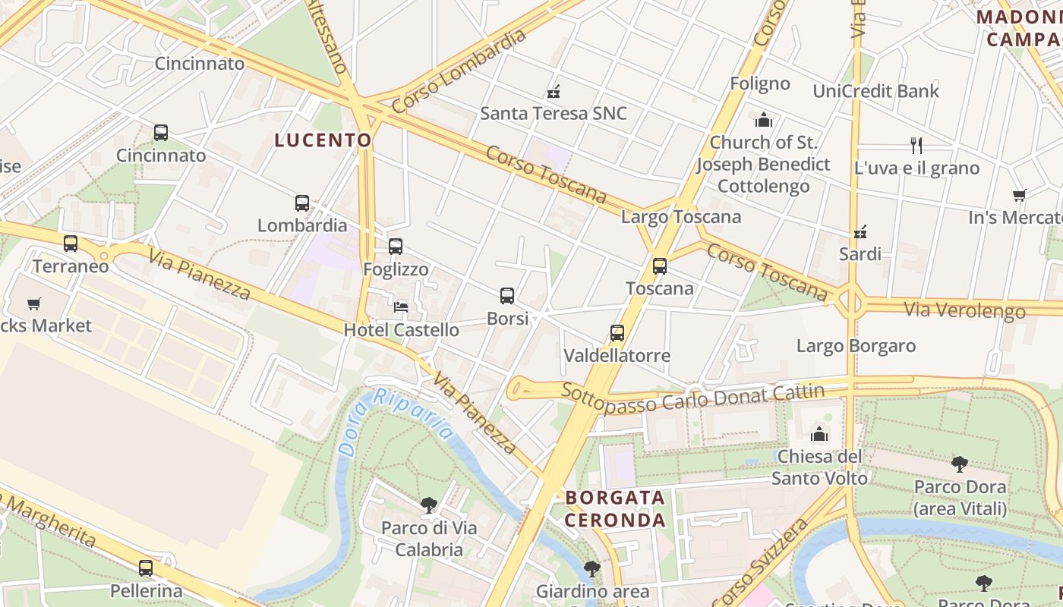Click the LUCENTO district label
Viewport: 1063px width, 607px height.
tap(323, 140)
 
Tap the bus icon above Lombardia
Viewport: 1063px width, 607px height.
tap(302, 203)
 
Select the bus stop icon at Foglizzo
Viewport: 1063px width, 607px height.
tap(396, 247)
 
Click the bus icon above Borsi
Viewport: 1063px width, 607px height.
tap(507, 296)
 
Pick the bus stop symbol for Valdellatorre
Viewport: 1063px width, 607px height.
tap(617, 333)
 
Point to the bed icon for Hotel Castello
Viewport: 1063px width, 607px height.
tap(401, 307)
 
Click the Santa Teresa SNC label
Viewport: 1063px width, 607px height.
tap(554, 114)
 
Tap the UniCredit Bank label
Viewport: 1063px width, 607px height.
tap(875, 91)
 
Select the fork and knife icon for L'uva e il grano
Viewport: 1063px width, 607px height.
tap(916, 145)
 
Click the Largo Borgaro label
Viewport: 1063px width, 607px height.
tap(856, 346)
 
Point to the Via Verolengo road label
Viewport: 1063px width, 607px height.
tap(964, 310)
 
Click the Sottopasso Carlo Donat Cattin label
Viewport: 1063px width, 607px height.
tap(692, 396)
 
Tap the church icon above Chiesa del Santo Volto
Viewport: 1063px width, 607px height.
tap(819, 434)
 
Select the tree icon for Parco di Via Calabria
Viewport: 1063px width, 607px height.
tap(429, 505)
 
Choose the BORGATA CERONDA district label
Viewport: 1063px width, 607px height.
tap(615, 509)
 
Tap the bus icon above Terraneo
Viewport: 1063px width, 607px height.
tap(71, 244)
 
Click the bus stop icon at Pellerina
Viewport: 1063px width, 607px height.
tap(146, 568)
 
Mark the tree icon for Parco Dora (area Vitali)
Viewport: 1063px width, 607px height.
tap(960, 464)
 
